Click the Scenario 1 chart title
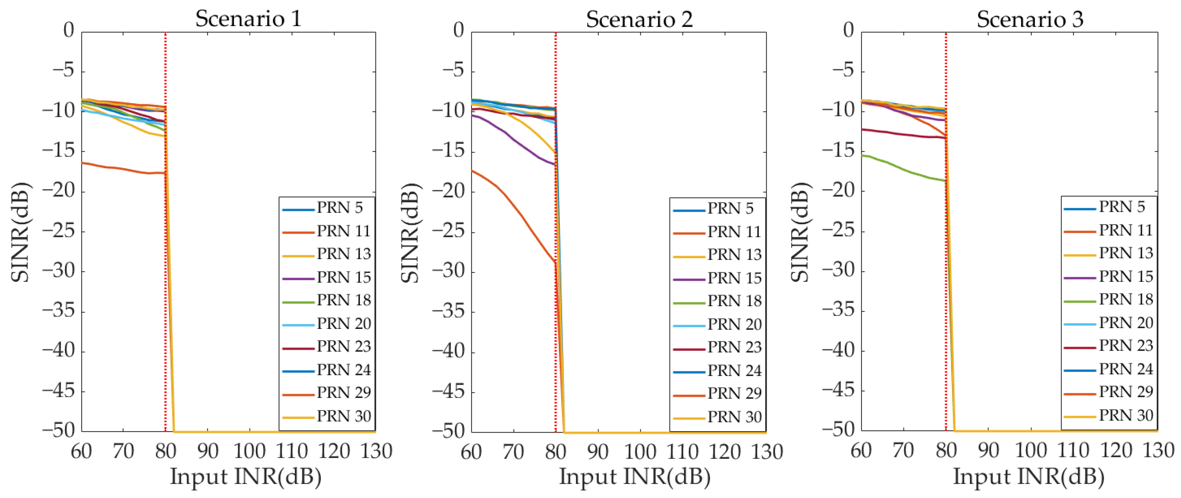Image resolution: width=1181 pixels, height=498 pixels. coord(248,19)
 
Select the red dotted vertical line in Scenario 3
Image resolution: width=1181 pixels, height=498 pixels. coord(946,275)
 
